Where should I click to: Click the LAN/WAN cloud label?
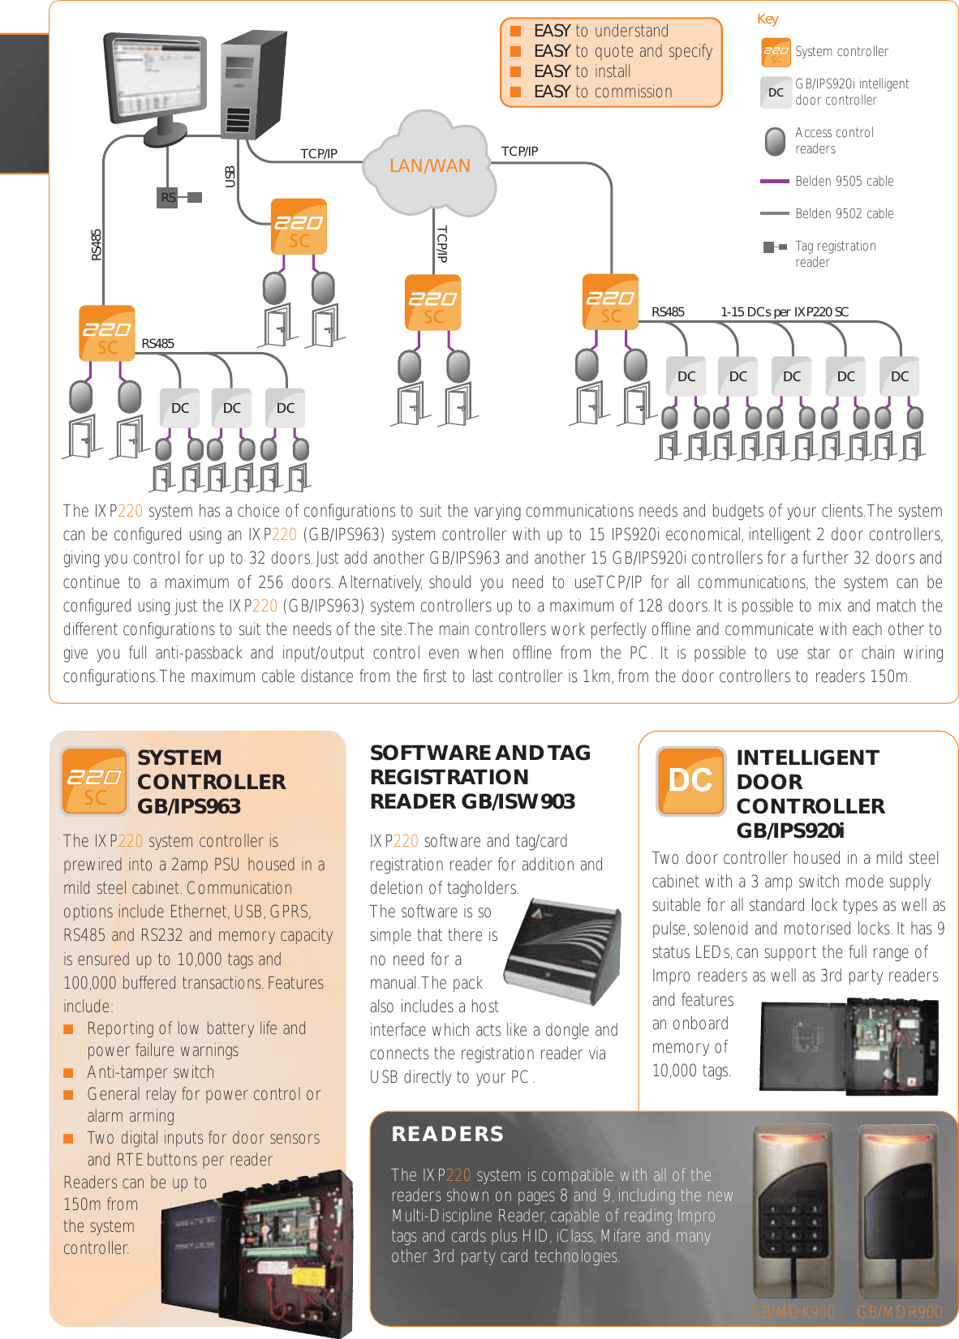(x=429, y=166)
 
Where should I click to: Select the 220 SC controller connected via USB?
(x=299, y=226)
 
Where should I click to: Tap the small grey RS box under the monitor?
(x=167, y=197)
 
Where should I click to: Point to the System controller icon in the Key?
(x=776, y=52)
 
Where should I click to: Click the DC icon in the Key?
(x=776, y=92)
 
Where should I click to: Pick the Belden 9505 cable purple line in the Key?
(x=774, y=182)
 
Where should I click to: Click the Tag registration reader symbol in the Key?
(x=774, y=247)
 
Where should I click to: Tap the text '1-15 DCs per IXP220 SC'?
(x=784, y=312)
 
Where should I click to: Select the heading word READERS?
(x=447, y=1134)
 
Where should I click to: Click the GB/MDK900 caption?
(x=792, y=1312)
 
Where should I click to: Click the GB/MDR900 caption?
(x=899, y=1312)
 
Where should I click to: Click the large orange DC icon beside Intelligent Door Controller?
(x=690, y=780)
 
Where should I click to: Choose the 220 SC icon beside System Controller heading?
(x=95, y=781)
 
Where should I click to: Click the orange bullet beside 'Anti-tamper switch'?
(x=69, y=1073)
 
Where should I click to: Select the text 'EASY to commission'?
(x=603, y=92)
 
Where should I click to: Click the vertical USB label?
(x=230, y=177)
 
